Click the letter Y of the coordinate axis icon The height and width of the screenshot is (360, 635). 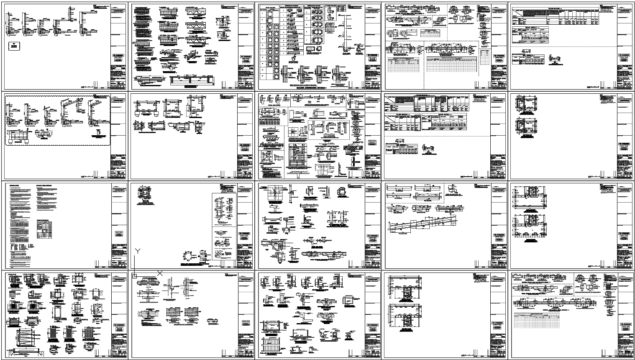click(x=137, y=251)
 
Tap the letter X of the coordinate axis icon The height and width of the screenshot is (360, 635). click(x=160, y=273)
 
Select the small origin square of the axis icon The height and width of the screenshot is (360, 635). click(x=135, y=276)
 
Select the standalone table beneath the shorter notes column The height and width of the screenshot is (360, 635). click(x=44, y=229)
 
